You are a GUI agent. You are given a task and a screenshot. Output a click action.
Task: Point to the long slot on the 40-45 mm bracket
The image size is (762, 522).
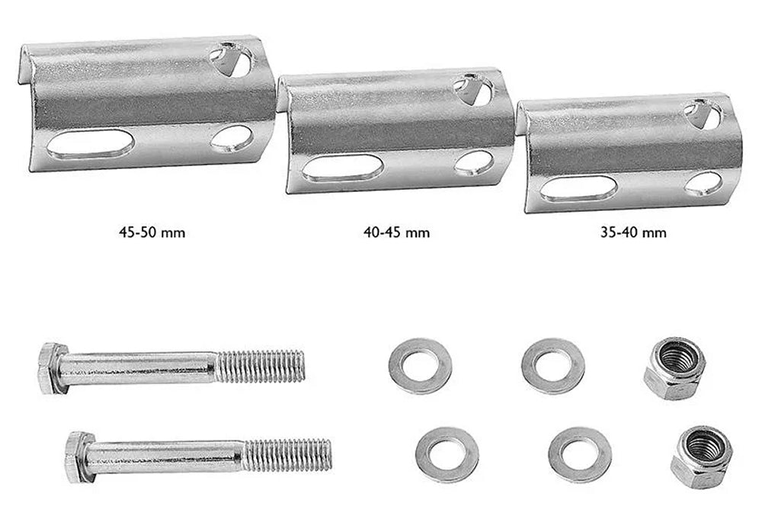342,168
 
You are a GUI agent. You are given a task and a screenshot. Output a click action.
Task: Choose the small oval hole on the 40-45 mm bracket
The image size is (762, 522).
474,162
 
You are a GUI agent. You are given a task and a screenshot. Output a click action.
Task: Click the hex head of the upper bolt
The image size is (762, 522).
53,368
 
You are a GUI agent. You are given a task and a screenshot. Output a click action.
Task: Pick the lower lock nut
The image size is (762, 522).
701,456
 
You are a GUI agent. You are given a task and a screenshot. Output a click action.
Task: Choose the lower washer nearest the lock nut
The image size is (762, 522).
579,455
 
